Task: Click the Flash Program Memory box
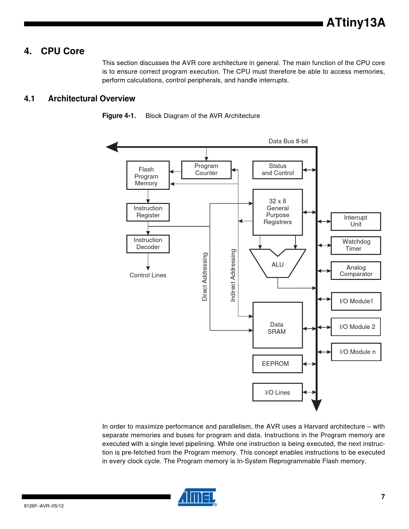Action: (148, 175)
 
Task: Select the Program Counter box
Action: (206, 170)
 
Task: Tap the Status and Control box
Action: (277, 170)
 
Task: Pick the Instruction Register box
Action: (148, 212)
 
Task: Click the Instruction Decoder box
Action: (148, 244)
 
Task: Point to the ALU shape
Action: (277, 264)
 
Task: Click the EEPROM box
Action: (277, 364)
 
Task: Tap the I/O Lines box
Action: (277, 392)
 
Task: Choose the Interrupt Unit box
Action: (356, 221)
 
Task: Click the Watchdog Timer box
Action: (356, 245)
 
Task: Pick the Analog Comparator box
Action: (356, 271)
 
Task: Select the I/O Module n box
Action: (356, 352)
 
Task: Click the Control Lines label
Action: (148, 275)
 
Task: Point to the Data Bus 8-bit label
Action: (288, 141)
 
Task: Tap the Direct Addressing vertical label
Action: (205, 276)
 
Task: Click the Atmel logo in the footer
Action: (197, 497)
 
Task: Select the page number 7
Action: (383, 497)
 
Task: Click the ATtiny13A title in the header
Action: (356, 23)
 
